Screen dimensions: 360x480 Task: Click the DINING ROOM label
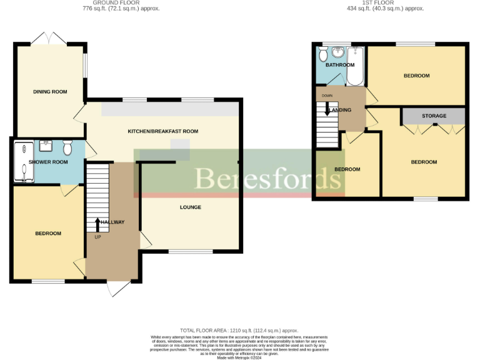50,92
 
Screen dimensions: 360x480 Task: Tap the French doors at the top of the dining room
49,38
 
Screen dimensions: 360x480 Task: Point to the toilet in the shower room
67,147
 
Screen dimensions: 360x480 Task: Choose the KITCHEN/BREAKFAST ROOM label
162,131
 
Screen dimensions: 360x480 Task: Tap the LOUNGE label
190,207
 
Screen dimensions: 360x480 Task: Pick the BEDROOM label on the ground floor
47,233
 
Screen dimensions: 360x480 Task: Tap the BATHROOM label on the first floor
339,65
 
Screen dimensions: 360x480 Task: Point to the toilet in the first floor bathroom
323,55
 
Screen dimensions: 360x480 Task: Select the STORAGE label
434,116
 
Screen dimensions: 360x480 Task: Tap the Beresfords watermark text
262,179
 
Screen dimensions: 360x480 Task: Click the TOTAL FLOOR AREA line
239,330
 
